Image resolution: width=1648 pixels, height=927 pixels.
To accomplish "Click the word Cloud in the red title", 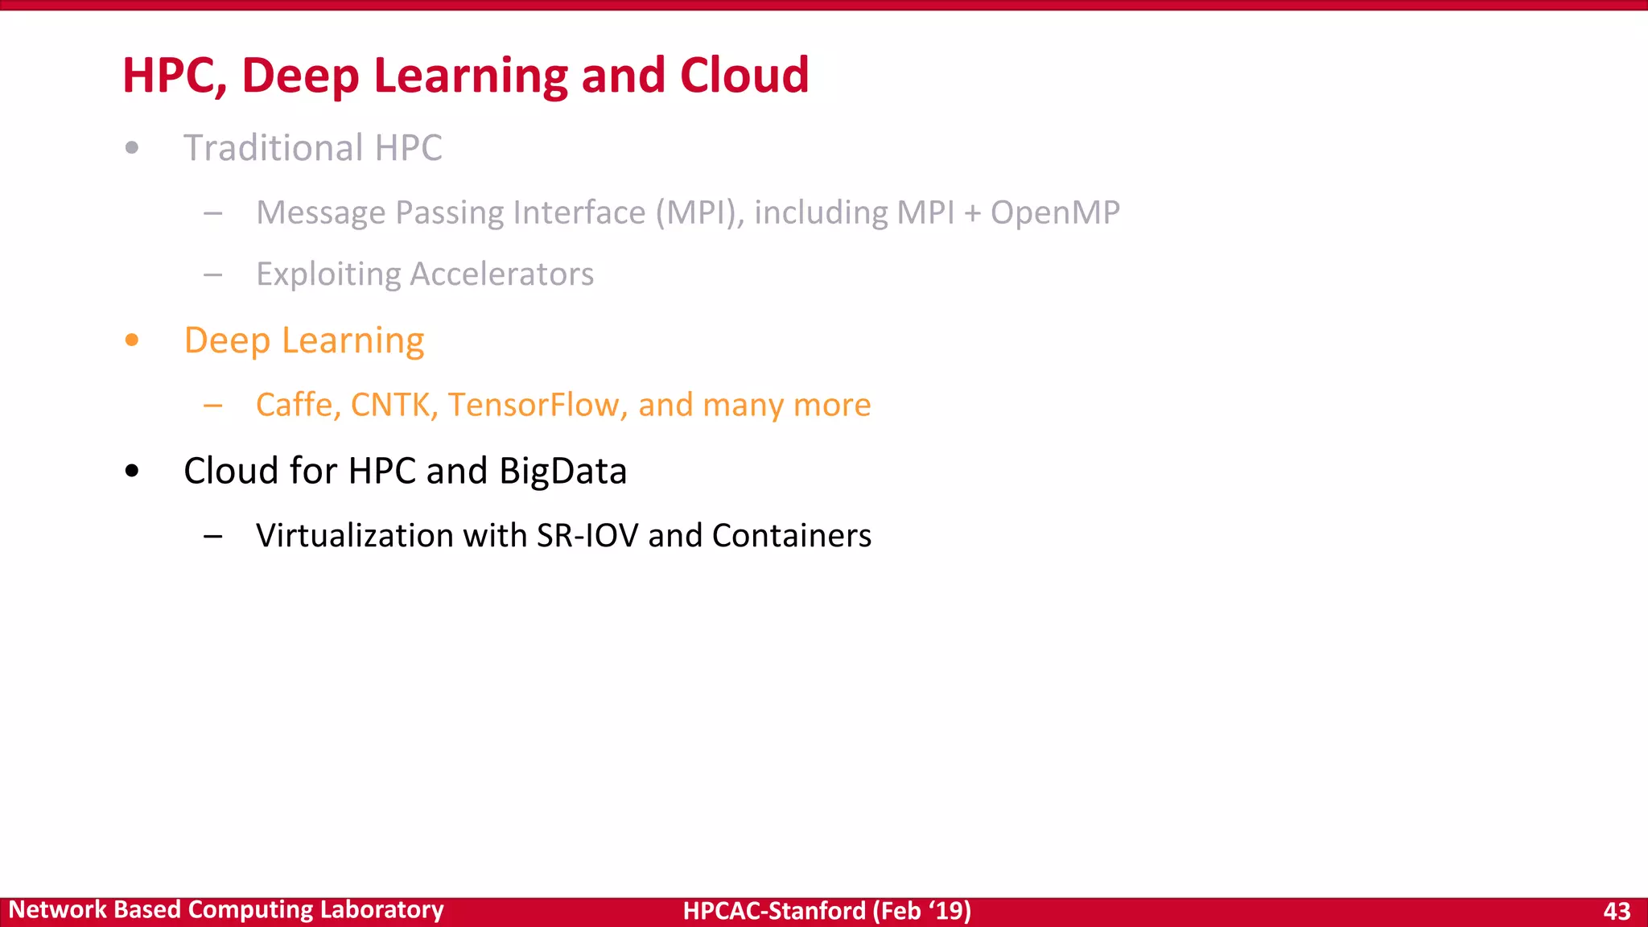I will pos(744,76).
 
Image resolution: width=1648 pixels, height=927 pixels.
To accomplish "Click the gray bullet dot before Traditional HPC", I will pos(132,148).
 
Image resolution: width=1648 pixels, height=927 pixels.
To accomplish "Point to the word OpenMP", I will pos(1054,213).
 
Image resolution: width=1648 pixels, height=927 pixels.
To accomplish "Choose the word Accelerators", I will pos(502,274).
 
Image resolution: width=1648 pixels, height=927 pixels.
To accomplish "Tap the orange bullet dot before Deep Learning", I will pos(132,340).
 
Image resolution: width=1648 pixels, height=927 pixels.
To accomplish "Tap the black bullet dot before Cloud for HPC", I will pos(132,472).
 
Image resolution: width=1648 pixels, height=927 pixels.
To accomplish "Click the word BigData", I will pos(562,472).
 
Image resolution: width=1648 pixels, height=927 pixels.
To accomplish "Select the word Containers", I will pos(791,536).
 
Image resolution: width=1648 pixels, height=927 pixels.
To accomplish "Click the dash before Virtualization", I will pos(213,537).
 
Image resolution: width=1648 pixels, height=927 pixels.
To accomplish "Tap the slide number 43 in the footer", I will pos(1617,911).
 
